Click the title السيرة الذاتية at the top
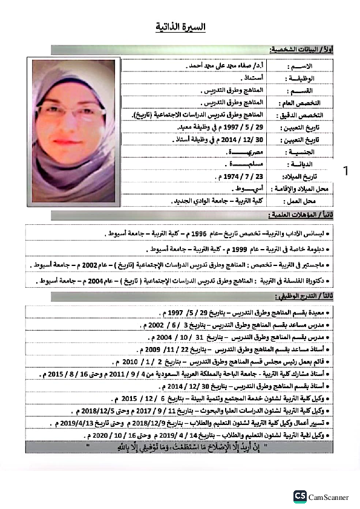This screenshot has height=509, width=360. pyautogui.click(x=181, y=27)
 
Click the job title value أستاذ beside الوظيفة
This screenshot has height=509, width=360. pyautogui.click(x=233, y=77)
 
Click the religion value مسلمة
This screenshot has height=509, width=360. pyautogui.click(x=233, y=165)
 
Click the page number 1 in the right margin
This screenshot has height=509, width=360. pyautogui.click(x=345, y=172)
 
